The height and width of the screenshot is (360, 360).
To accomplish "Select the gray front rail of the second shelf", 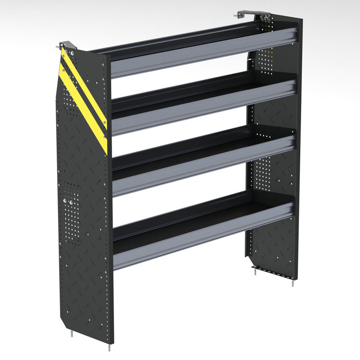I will click(202, 108).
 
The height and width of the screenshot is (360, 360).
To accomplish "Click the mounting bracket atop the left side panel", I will click(67, 45).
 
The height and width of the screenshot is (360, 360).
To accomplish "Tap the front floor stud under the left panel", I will click(110, 347).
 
